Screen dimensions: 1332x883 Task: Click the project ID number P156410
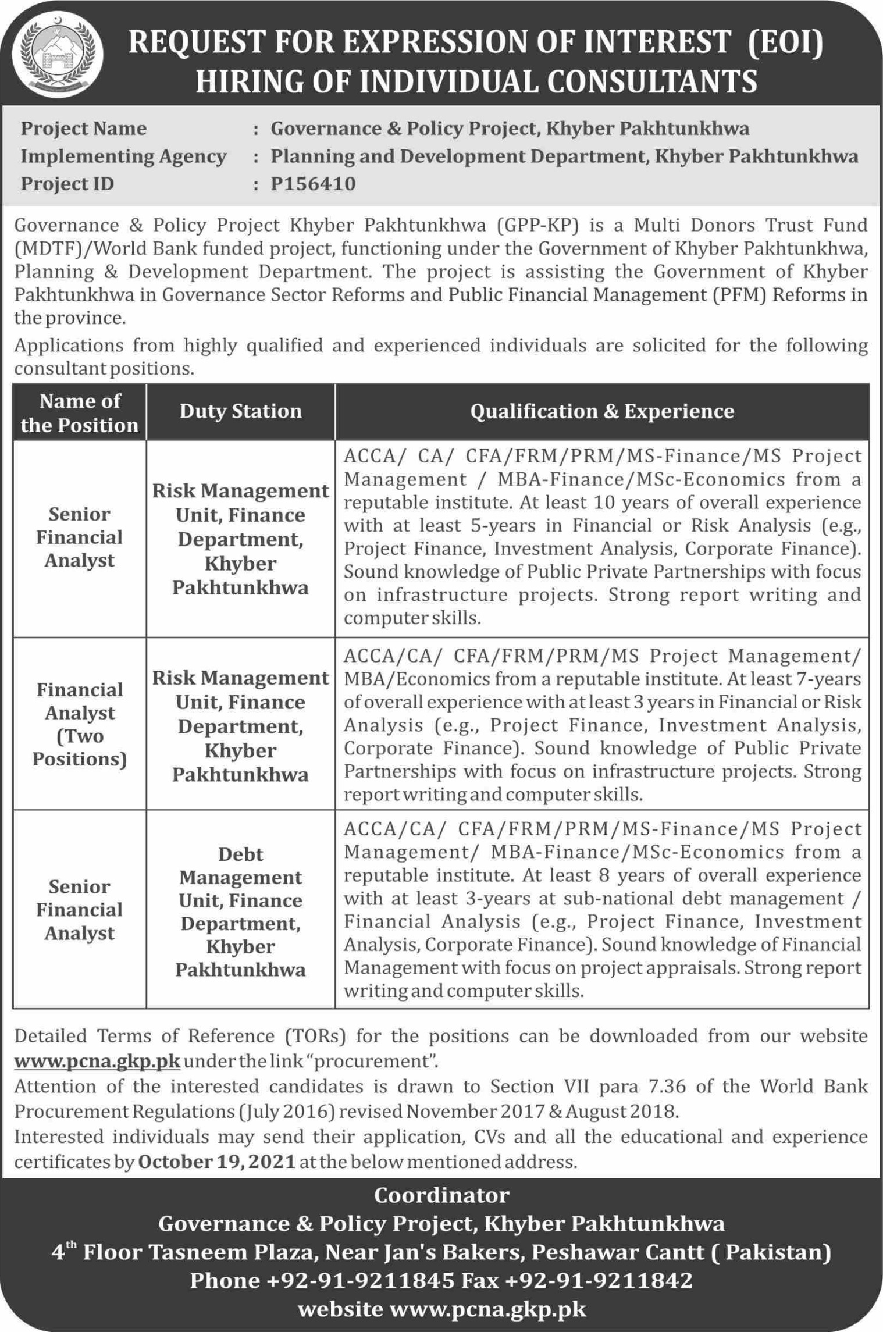[313, 184]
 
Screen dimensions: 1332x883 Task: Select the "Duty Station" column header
[240, 411]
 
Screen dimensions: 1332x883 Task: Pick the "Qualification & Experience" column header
[602, 411]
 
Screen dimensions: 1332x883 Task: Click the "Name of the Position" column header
[80, 413]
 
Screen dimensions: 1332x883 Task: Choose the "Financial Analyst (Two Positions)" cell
[80, 724]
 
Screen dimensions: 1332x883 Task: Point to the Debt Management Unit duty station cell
[240, 911]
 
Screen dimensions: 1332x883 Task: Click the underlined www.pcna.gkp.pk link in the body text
[97, 1061]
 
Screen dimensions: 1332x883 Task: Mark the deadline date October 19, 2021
[217, 1162]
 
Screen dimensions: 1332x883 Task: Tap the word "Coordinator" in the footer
[441, 1195]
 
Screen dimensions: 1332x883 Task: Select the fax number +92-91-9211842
[599, 1280]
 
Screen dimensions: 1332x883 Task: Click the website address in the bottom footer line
[487, 1309]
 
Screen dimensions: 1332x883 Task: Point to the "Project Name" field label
[84, 129]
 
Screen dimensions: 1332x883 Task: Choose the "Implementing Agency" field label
[123, 156]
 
